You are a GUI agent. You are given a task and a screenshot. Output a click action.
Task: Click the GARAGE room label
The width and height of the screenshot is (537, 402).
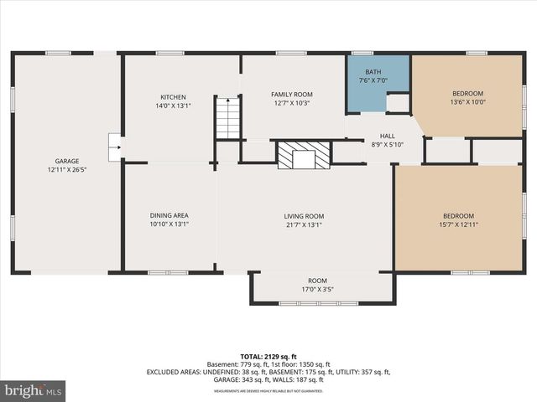[67, 161]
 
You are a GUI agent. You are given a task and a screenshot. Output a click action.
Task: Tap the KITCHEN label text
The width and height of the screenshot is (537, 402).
[173, 97]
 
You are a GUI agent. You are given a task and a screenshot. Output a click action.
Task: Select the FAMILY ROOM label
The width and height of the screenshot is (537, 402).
[291, 94]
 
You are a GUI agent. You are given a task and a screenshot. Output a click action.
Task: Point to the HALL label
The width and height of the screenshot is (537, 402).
[387, 136]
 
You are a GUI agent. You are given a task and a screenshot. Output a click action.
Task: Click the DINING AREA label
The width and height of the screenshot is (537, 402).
[169, 215]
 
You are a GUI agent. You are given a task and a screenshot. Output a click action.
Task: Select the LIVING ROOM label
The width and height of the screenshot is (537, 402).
[303, 215]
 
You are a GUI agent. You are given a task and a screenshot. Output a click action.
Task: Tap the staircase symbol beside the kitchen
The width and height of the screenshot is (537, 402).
[227, 118]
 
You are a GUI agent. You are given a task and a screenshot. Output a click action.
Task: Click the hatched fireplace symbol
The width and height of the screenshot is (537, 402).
[304, 155]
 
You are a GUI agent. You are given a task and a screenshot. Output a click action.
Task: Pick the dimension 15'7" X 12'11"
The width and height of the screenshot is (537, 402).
[458, 224]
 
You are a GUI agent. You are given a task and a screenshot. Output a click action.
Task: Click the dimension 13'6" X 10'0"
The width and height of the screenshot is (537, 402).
[468, 102]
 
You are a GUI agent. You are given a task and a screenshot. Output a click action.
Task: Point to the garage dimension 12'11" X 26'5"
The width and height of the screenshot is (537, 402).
[67, 170]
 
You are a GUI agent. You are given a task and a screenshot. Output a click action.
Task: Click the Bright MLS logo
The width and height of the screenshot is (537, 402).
[33, 390]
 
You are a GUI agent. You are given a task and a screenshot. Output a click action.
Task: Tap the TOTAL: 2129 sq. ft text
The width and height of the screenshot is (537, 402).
[268, 356]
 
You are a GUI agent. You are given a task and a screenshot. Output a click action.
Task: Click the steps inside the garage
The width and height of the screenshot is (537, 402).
[113, 147]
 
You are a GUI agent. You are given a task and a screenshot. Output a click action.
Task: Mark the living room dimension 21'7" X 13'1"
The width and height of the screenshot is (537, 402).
[303, 224]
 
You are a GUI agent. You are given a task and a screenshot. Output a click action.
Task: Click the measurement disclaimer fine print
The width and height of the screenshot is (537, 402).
[268, 391]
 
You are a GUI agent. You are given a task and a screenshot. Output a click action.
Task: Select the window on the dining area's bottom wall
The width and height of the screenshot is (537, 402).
[168, 272]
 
